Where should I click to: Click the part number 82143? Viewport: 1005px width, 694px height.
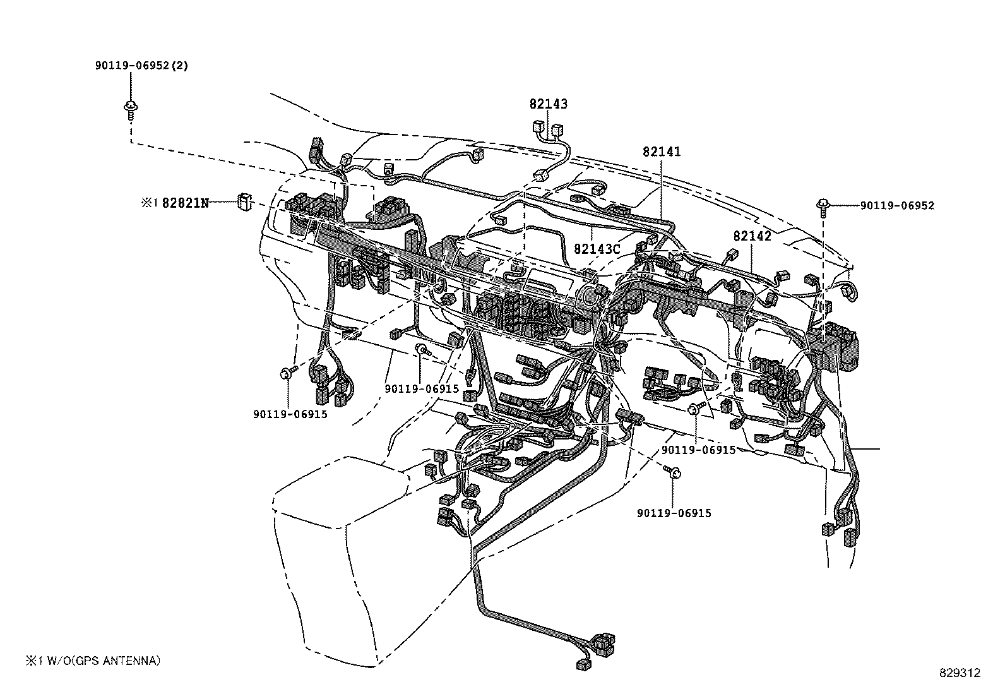pyautogui.click(x=548, y=104)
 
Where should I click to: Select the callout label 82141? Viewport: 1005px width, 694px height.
pyautogui.click(x=662, y=152)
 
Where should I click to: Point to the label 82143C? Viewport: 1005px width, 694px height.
pyautogui.click(x=597, y=249)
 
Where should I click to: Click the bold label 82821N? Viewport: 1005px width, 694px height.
pyautogui.click(x=185, y=203)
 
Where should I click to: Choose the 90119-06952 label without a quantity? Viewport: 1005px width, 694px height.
pyautogui.click(x=896, y=205)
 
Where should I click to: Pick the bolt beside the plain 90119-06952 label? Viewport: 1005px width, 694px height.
pyautogui.click(x=824, y=205)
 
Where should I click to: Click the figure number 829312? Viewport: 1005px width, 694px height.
pyautogui.click(x=959, y=673)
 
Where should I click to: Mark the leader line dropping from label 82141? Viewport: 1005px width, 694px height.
pyautogui.click(x=662, y=189)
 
